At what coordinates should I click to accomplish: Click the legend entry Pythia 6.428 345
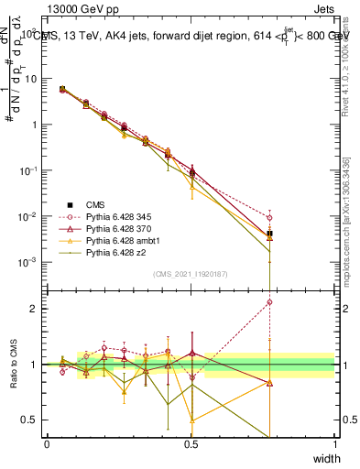(x=115, y=218)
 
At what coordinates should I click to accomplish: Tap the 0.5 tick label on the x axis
(x=191, y=444)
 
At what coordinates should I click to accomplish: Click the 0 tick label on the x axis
(x=47, y=444)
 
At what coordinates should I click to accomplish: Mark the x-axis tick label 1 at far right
(x=334, y=444)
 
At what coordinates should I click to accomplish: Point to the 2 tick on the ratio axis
(x=37, y=309)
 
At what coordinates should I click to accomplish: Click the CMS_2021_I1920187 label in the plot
(x=191, y=273)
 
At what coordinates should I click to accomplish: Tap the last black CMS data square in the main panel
(x=269, y=234)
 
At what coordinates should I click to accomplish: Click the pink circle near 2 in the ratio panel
(x=269, y=301)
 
